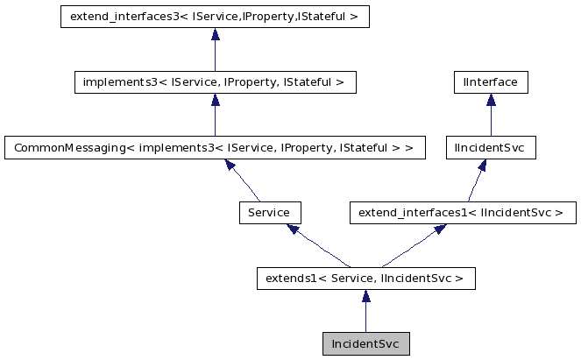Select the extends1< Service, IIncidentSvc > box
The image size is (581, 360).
click(365, 279)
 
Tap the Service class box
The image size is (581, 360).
click(270, 213)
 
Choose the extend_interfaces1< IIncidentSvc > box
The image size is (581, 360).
click(462, 213)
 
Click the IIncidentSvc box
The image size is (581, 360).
click(491, 148)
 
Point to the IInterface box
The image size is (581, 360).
click(491, 83)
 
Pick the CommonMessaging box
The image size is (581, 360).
click(215, 148)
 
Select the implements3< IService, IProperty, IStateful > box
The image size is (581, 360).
click(215, 83)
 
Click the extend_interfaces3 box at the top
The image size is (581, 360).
click(215, 18)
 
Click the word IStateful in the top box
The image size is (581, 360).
click(324, 18)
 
